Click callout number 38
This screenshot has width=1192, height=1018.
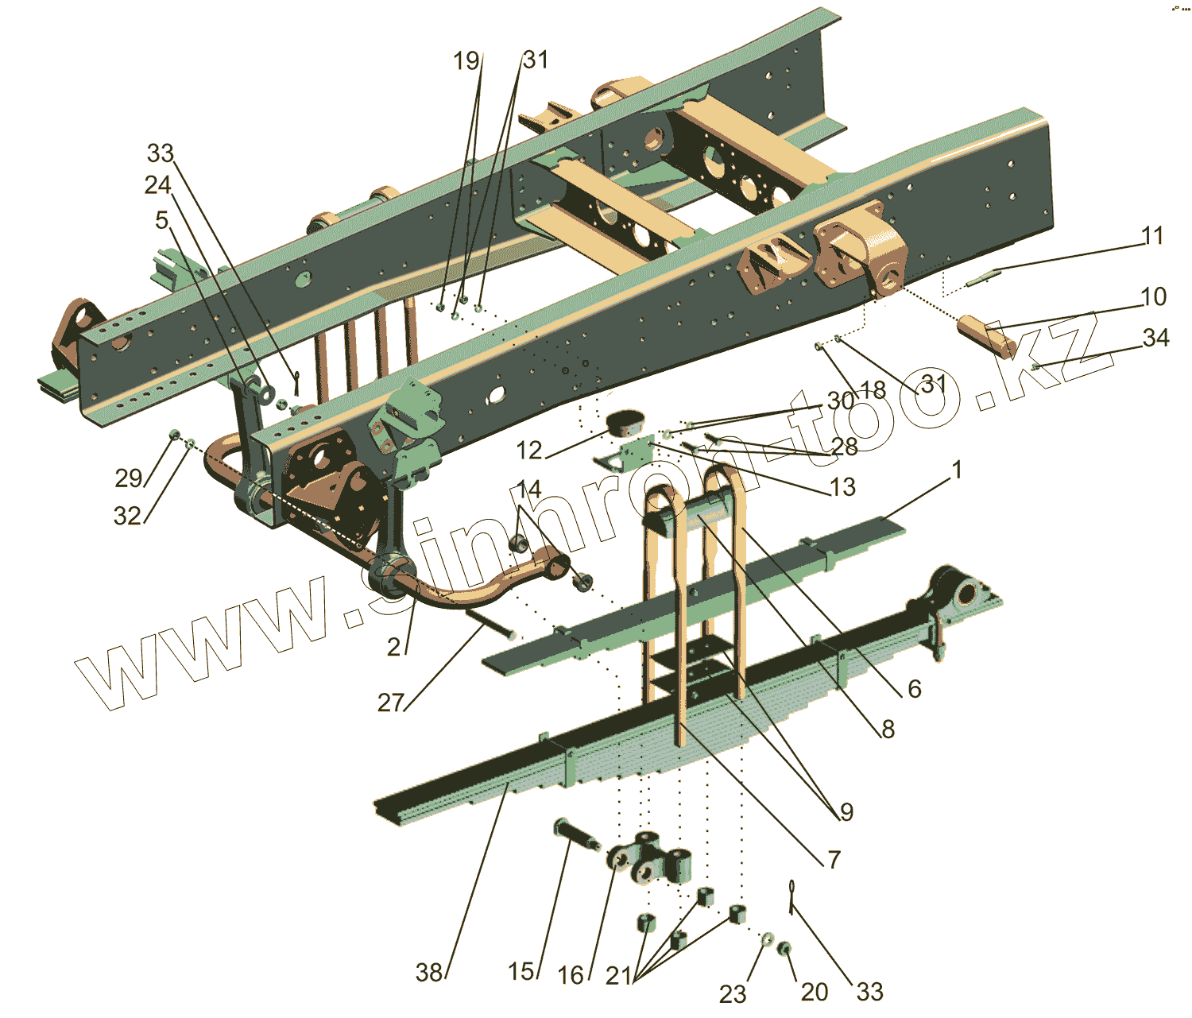point(429,972)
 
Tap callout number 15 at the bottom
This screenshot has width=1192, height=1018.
point(521,971)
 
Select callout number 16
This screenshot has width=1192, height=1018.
point(571,975)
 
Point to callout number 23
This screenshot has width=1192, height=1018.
point(733,993)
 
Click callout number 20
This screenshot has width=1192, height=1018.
point(815,992)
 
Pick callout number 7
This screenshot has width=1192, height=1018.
point(834,859)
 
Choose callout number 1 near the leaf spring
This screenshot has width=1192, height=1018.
point(958,470)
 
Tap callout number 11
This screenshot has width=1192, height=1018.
point(1152,235)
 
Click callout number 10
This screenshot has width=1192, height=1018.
point(1154,296)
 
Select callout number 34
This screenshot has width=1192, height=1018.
point(1156,338)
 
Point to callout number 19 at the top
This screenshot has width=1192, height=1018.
point(466,60)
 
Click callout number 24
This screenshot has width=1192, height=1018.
point(157,185)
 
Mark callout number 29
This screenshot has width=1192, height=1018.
point(128,478)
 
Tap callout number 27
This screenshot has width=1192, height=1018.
point(390,703)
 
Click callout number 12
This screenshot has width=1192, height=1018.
point(528,451)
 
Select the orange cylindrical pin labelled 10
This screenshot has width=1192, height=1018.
point(985,335)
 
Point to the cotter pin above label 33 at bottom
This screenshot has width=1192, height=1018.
point(793,894)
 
